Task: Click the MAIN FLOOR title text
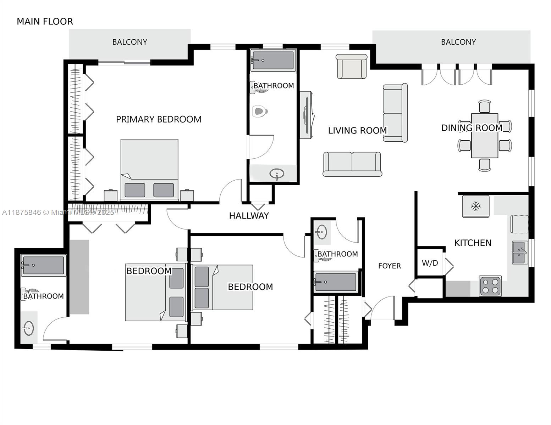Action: point(45,22)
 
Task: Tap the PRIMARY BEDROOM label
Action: point(159,119)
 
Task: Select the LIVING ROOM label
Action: point(357,131)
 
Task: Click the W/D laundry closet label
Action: point(430,263)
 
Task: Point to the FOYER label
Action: point(389,266)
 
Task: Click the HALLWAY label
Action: point(249,216)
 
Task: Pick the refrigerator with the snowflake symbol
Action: point(475,206)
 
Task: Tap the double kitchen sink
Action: point(520,253)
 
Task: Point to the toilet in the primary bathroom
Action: point(260,112)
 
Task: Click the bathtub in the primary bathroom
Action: point(272,60)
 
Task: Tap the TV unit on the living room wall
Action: point(306,115)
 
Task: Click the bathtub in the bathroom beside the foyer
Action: point(335,282)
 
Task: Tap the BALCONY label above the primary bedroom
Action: point(130,42)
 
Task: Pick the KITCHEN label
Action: point(473,243)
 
